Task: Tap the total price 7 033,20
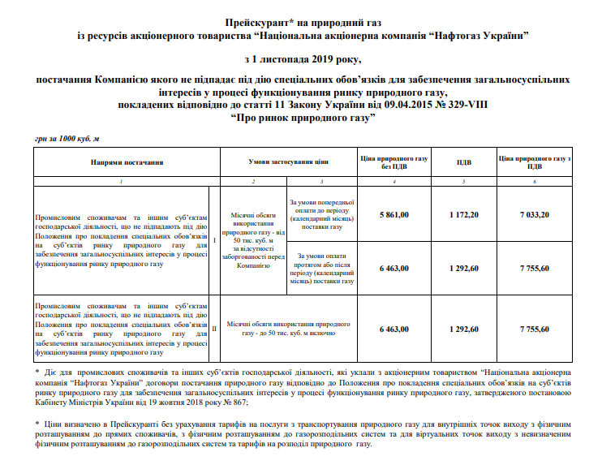534,214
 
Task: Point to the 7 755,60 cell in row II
534,329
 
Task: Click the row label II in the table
213,329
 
